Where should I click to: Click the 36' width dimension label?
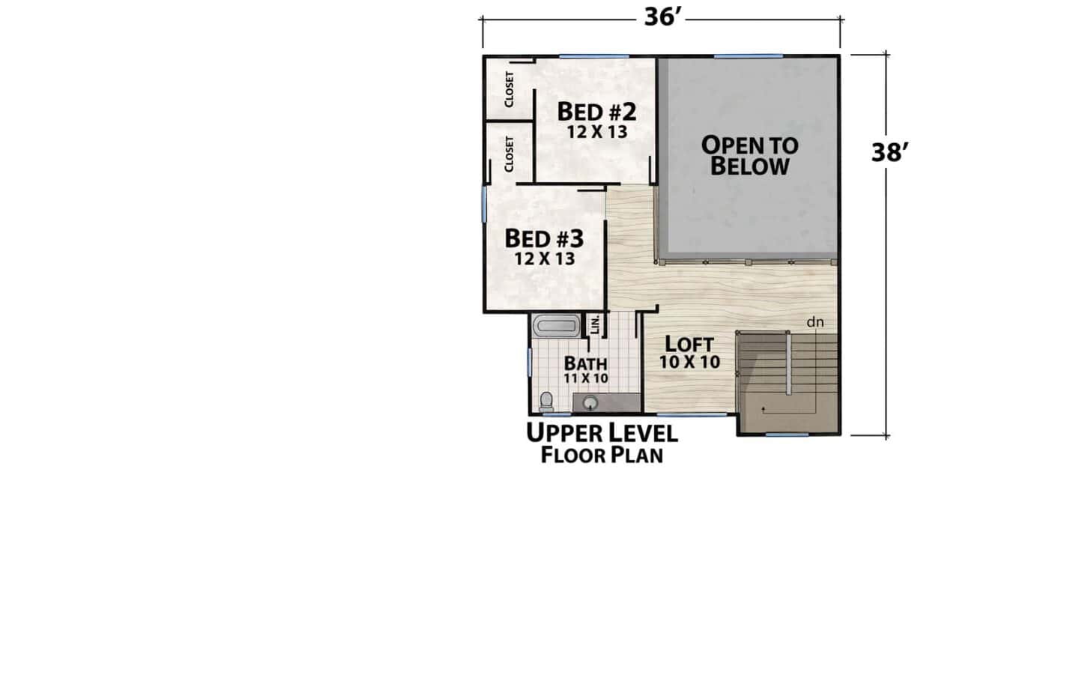[x=663, y=17]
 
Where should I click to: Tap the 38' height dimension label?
[x=889, y=153]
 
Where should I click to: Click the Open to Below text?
[x=750, y=156]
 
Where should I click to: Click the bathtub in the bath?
[x=556, y=326]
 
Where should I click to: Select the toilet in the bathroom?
[x=546, y=402]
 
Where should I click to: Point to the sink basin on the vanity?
[x=590, y=402]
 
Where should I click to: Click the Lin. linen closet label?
[x=594, y=324]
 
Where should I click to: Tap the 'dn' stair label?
[x=815, y=322]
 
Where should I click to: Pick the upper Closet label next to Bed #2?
[x=510, y=90]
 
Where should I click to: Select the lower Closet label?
[x=510, y=154]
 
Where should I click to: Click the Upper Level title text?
[x=602, y=433]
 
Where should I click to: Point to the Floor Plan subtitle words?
[x=602, y=456]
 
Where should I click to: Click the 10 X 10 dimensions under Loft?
[x=689, y=362]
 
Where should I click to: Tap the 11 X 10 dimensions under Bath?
[x=586, y=378]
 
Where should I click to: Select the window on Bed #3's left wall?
[x=484, y=205]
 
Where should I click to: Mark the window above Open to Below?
[x=748, y=56]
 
